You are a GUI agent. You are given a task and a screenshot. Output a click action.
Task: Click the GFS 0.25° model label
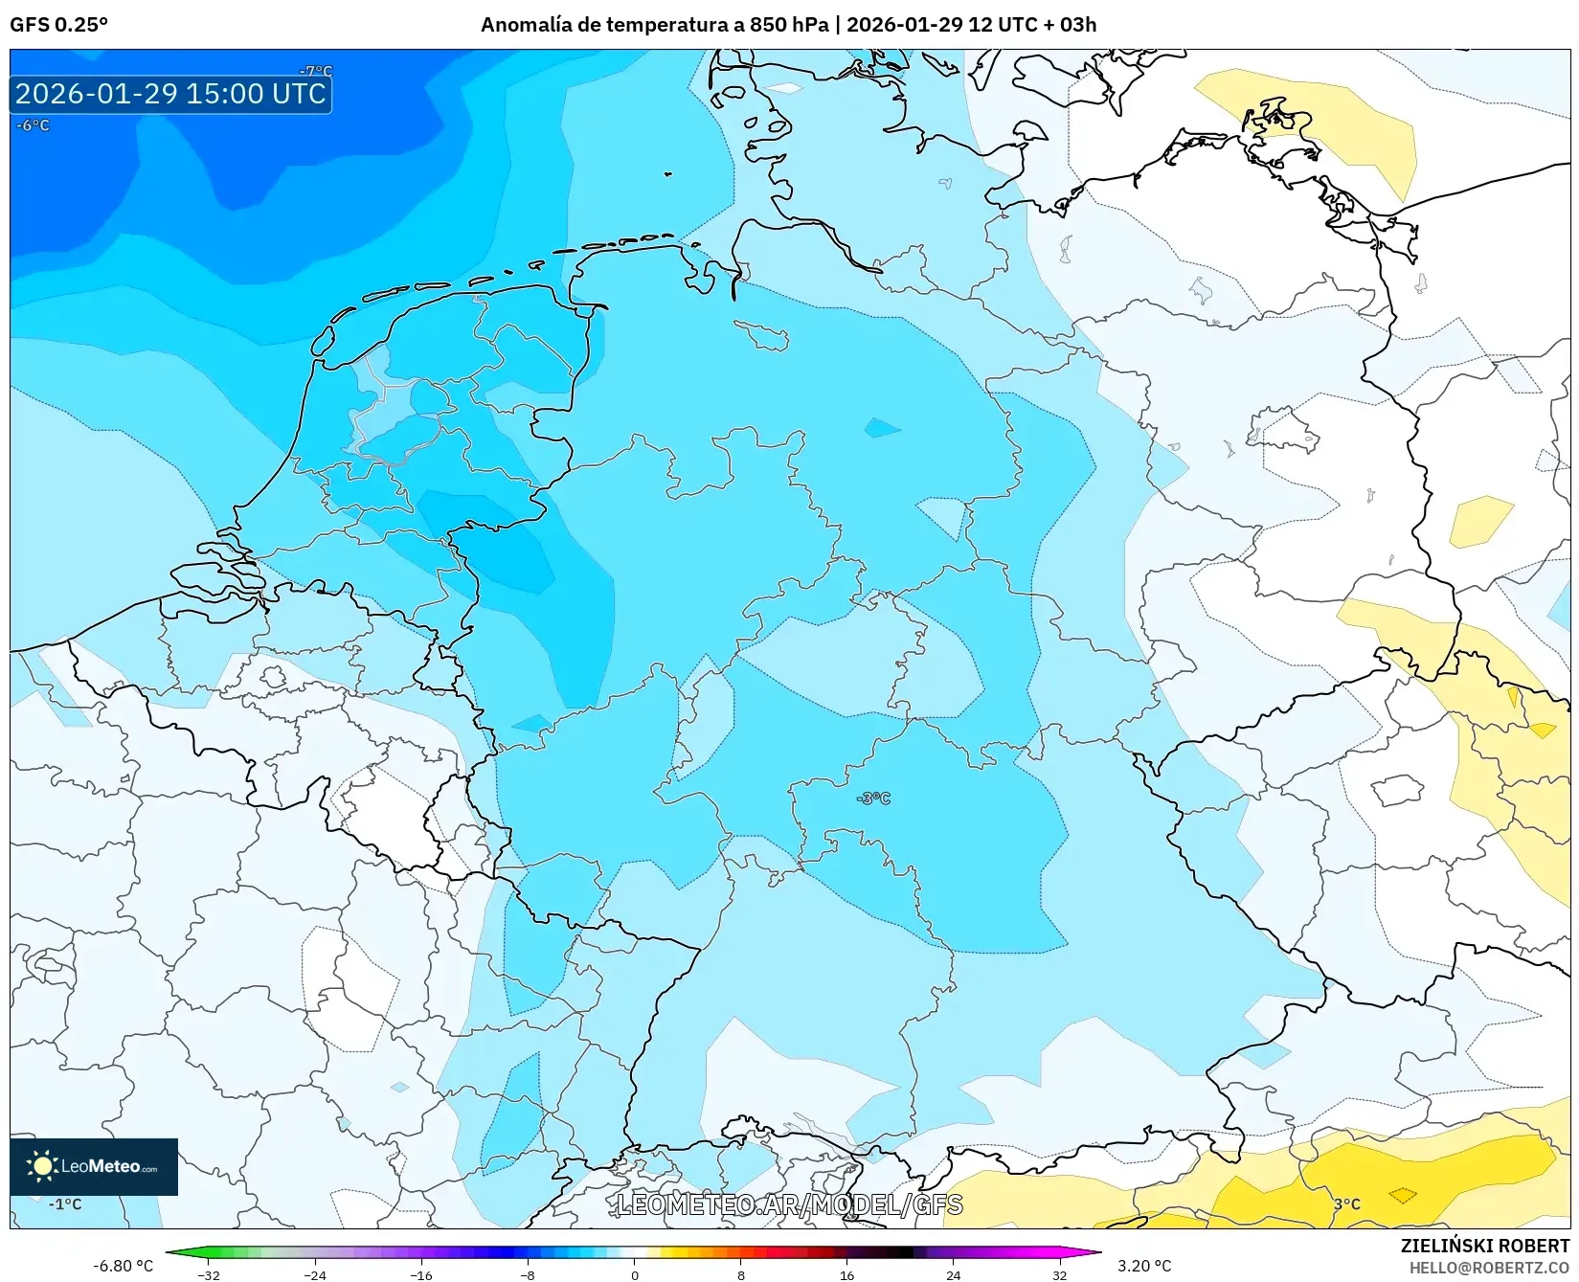pyautogui.click(x=58, y=25)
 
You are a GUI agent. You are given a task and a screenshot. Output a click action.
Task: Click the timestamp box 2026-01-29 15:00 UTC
pyautogui.click(x=170, y=94)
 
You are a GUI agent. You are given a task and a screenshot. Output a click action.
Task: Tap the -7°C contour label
pyautogui.click(x=316, y=71)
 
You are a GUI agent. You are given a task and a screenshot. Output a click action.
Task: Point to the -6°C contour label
pyautogui.click(x=33, y=125)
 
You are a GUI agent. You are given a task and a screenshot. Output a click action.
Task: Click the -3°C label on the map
pyautogui.click(x=873, y=798)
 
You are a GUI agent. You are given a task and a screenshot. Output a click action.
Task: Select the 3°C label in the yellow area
pyautogui.click(x=1346, y=1203)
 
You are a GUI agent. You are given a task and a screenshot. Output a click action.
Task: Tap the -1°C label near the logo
pyautogui.click(x=65, y=1204)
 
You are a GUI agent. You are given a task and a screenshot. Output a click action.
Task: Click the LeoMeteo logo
pyautogui.click(x=94, y=1166)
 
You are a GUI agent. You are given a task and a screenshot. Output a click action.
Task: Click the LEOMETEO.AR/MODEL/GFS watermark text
pyautogui.click(x=789, y=1204)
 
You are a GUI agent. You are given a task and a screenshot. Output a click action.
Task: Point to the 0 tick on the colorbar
pyautogui.click(x=634, y=1274)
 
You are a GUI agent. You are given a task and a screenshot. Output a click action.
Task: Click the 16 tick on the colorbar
pyautogui.click(x=846, y=1274)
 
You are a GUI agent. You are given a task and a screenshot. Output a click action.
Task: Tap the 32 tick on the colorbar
pyautogui.click(x=1059, y=1274)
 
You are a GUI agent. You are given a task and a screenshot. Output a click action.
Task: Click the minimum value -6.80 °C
pyautogui.click(x=123, y=1266)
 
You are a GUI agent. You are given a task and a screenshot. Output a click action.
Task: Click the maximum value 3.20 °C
pyautogui.click(x=1144, y=1266)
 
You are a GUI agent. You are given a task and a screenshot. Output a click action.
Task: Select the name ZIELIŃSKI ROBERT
pyautogui.click(x=1484, y=1246)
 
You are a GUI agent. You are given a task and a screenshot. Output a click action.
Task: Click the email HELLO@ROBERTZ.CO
pyautogui.click(x=1489, y=1268)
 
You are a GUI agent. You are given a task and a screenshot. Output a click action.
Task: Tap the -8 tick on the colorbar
pyautogui.click(x=528, y=1274)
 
